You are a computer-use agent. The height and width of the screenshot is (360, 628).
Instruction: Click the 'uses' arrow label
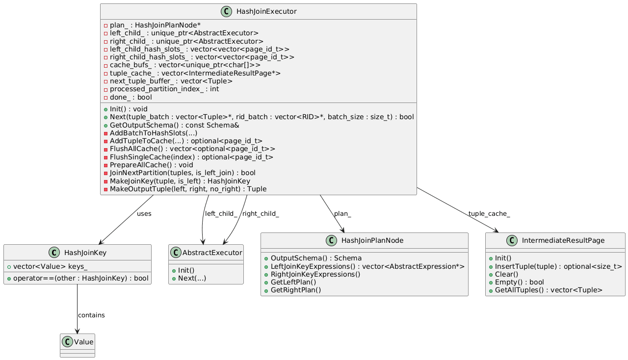tap(144, 214)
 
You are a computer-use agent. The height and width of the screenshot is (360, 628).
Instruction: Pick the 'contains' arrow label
tap(91, 315)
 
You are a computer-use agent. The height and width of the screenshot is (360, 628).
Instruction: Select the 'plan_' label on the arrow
tap(342, 214)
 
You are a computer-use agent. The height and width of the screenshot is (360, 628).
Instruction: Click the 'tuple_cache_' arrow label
tap(489, 214)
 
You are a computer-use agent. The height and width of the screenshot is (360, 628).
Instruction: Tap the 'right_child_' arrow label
tap(261, 214)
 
